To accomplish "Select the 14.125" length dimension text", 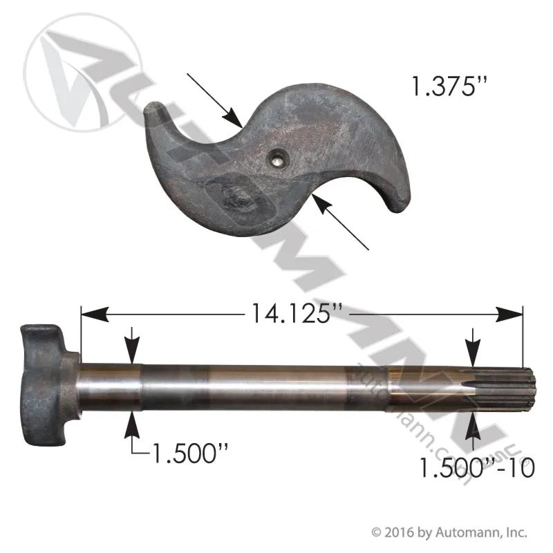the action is [297, 313].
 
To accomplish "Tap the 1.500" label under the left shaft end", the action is [189, 453].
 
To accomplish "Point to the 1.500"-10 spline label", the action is [477, 467].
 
